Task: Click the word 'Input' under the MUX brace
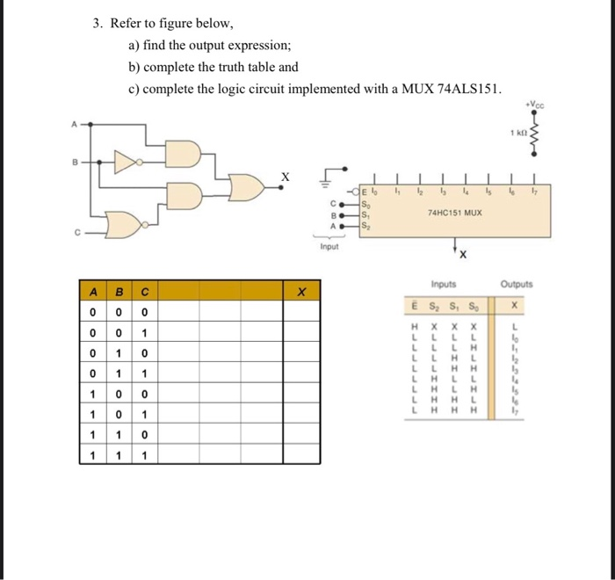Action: click(329, 249)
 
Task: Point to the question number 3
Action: click(98, 24)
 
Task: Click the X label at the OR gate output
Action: click(283, 176)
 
